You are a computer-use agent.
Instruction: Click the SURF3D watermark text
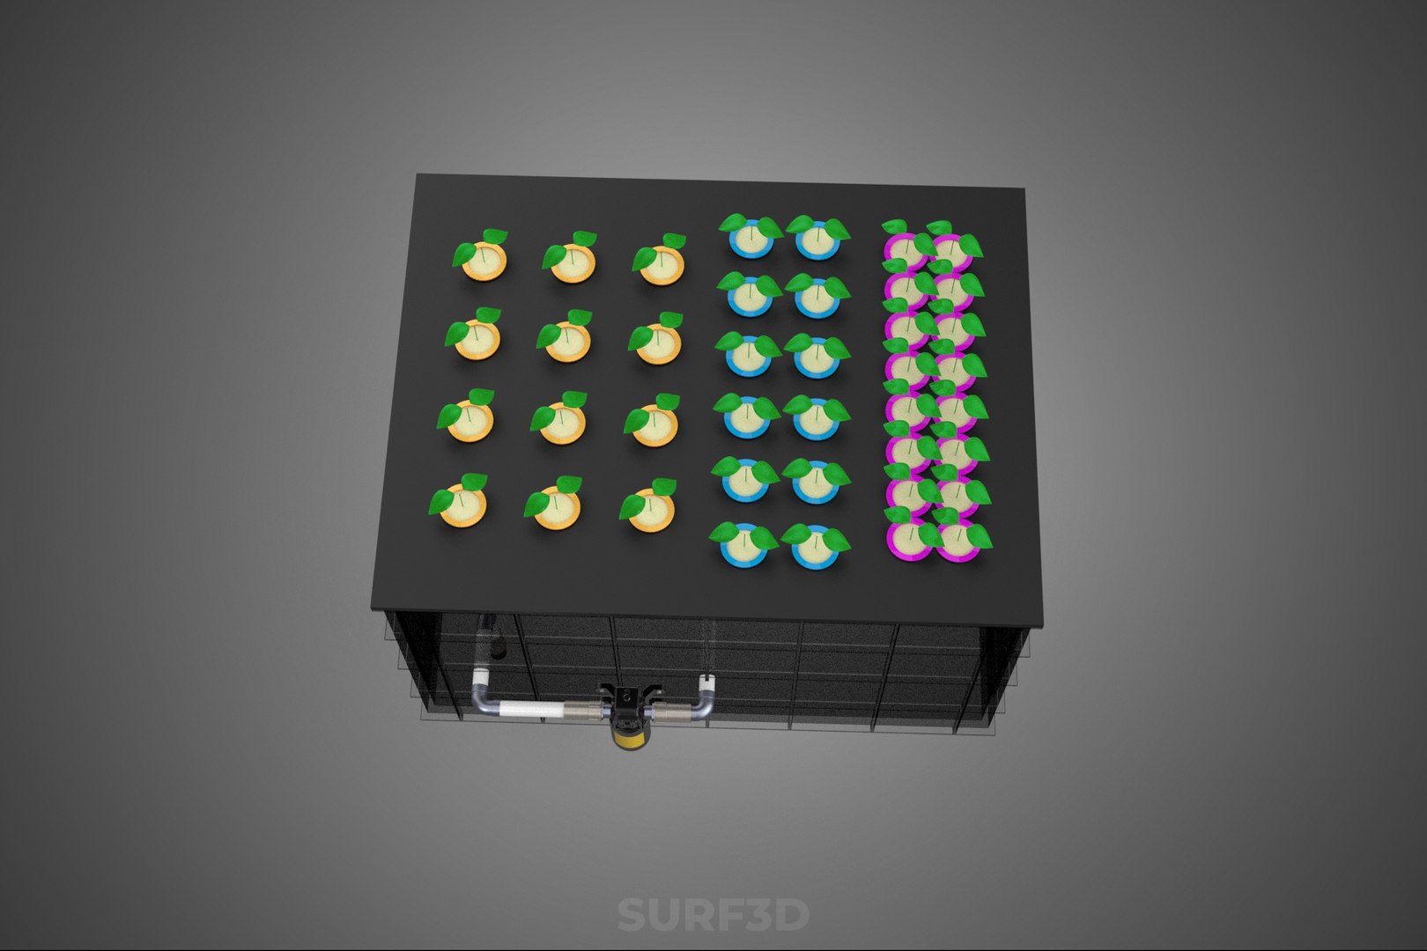click(712, 915)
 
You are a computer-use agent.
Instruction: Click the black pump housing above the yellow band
click(626, 704)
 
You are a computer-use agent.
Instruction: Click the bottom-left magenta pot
click(907, 540)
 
